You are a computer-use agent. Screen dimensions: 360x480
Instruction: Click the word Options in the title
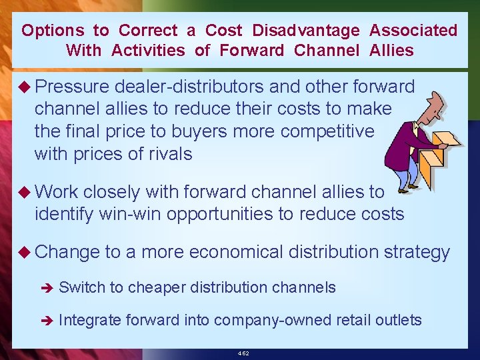click(53, 31)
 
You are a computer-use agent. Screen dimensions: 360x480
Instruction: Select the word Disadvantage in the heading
click(306, 31)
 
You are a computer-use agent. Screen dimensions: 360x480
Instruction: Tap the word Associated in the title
click(413, 31)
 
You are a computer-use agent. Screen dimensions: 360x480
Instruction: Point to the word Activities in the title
click(150, 51)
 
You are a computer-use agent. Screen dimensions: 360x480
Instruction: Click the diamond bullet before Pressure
click(25, 87)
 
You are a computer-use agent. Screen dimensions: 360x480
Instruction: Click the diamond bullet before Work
click(25, 192)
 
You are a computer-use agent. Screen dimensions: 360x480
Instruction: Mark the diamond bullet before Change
click(25, 252)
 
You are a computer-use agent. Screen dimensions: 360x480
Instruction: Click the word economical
click(237, 252)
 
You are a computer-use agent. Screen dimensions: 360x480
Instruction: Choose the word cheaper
click(157, 288)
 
